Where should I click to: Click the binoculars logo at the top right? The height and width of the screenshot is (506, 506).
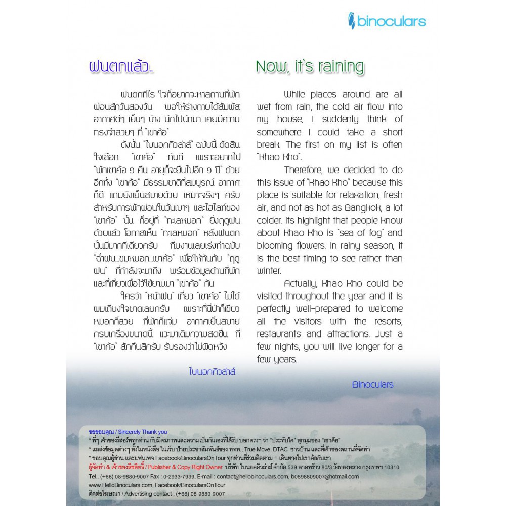387,21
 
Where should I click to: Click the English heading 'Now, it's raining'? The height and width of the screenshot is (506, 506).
310,66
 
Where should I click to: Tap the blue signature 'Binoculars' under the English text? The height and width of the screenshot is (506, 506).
372,384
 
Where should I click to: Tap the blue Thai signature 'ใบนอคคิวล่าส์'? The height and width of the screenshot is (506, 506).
213,372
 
